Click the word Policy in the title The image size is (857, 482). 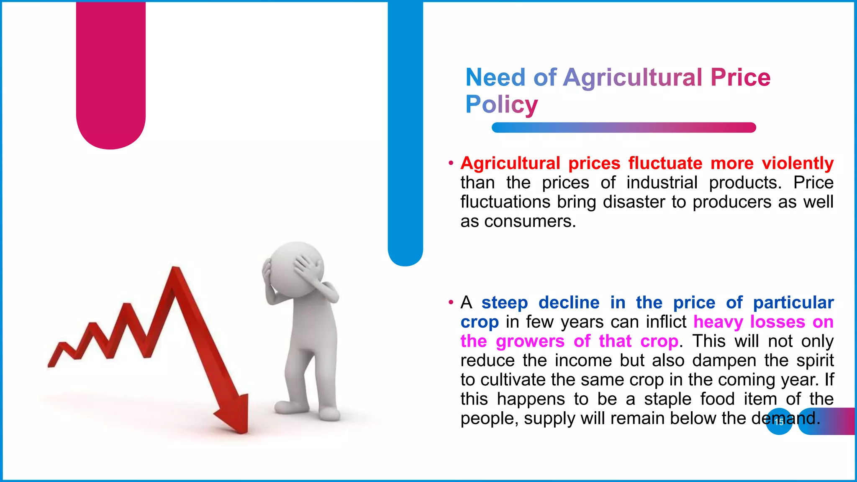coord(501,104)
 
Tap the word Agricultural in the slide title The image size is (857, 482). coord(632,77)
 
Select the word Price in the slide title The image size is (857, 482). coord(740,77)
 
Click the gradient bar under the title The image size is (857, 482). coord(624,128)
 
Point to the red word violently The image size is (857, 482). coord(798,163)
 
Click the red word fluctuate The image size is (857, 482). coord(665,163)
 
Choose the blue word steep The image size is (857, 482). coord(504,303)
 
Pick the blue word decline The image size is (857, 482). coord(569,303)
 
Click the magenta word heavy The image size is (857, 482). coord(718,322)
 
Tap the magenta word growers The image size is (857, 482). coord(530,341)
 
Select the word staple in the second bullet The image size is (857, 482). coord(667,399)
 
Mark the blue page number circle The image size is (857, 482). coord(779,422)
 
